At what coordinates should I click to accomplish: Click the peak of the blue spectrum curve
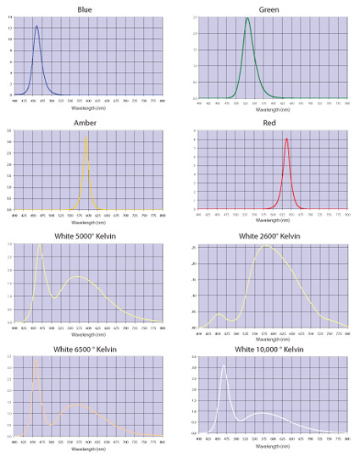click(36, 26)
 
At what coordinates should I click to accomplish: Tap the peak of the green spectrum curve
click(247, 18)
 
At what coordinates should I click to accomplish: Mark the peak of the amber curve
click(86, 136)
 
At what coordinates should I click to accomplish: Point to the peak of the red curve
click(286, 139)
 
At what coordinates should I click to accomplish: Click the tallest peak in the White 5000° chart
click(40, 245)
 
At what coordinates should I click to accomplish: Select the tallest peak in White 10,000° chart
click(223, 366)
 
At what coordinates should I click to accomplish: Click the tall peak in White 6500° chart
click(36, 359)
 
